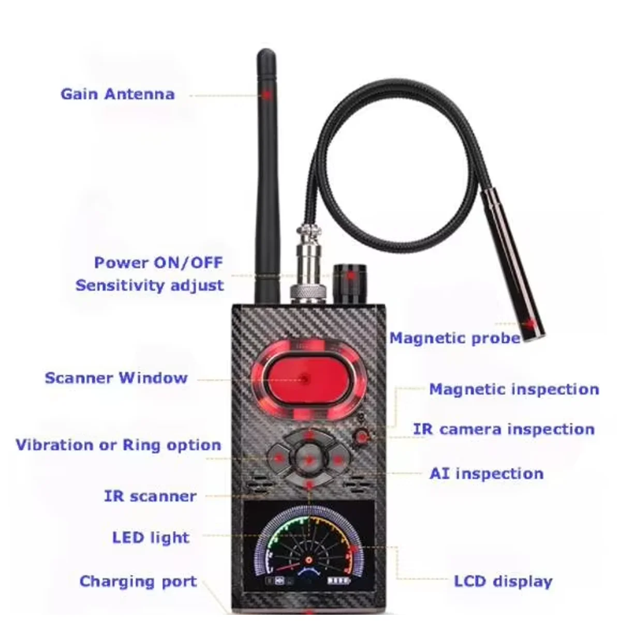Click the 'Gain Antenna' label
tap(117, 94)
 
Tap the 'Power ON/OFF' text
tap(158, 262)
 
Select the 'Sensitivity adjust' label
tap(150, 285)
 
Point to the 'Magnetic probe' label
tap(454, 338)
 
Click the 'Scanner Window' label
tap(116, 378)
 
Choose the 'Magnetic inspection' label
tap(513, 389)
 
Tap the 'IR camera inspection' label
tap(504, 430)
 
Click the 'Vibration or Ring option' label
tap(118, 445)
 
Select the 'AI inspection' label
tap(486, 474)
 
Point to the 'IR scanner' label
tap(150, 496)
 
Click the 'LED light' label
tap(151, 538)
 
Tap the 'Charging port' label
tap(138, 581)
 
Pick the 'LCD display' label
tap(503, 581)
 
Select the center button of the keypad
tap(309, 458)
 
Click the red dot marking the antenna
tap(267, 95)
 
